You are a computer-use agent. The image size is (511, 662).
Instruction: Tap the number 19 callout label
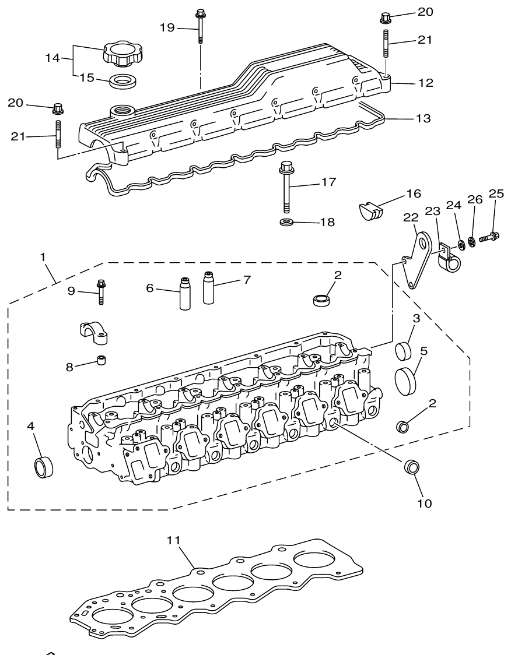(167, 27)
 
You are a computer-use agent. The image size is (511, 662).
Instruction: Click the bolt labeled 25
(488, 237)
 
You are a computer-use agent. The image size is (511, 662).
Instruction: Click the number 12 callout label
(425, 83)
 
